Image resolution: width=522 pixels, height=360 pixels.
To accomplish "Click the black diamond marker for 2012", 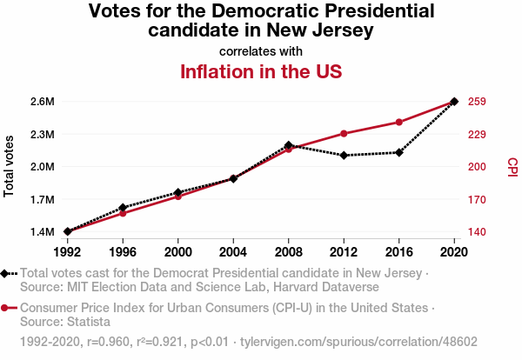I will [x=345, y=156].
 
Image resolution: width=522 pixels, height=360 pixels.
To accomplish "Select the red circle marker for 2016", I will [x=399, y=122].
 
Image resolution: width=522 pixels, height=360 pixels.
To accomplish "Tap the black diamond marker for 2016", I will [x=399, y=152].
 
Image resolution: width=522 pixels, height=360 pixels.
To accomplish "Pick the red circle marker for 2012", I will [x=345, y=133].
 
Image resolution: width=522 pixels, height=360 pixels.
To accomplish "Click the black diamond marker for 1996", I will [x=123, y=208].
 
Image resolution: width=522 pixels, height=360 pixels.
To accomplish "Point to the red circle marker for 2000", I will [x=178, y=197].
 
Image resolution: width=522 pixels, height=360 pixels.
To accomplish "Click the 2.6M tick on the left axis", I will [x=41, y=102].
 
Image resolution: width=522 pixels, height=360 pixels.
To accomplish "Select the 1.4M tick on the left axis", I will [x=41, y=232].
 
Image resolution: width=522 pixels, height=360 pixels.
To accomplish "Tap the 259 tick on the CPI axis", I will [x=476, y=102].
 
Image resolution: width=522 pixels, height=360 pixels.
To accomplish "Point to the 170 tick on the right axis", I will [x=476, y=199].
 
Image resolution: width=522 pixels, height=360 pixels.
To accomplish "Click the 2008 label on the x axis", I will [x=289, y=252].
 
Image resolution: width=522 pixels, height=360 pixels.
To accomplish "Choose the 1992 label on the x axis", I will [x=67, y=252].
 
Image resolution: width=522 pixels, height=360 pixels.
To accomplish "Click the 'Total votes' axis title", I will [x=10, y=166].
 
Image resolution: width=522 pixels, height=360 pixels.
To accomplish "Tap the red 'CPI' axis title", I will [x=512, y=166].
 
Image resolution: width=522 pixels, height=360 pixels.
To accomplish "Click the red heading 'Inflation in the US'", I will [x=261, y=71].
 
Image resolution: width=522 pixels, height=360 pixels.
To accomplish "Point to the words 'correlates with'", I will [x=261, y=51].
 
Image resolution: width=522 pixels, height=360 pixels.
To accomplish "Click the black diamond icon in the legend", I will [x=6, y=273].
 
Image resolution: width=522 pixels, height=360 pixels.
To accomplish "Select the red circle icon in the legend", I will [x=6, y=308].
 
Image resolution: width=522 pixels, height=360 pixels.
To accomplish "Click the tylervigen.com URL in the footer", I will [x=358, y=343].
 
